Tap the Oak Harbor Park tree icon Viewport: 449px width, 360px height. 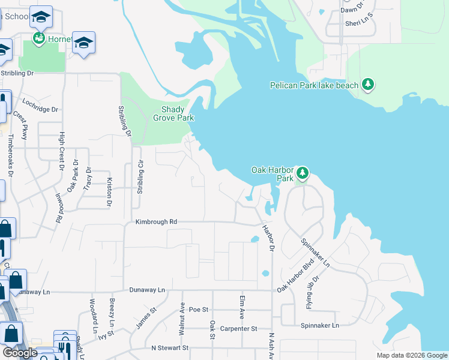(303, 174)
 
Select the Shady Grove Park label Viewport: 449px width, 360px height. (177, 113)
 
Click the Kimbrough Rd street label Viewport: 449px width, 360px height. (156, 222)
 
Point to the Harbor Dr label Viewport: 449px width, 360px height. (267, 238)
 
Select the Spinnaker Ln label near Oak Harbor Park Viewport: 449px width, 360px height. (315, 253)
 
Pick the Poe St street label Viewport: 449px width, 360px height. (198, 310)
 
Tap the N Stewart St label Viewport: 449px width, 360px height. (170, 348)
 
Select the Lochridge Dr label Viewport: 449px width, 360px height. (40, 107)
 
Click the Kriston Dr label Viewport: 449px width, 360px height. (109, 192)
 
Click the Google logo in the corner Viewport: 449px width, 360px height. (20, 353)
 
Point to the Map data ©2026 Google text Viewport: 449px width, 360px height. (411, 355)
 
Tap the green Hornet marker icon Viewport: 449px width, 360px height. (39, 39)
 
